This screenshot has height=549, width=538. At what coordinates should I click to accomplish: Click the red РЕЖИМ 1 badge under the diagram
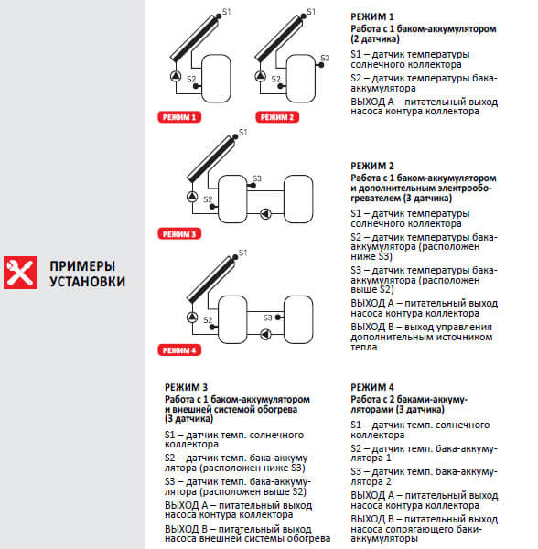tap(180, 117)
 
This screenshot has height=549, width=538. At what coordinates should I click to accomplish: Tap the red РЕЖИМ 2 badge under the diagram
tap(276, 117)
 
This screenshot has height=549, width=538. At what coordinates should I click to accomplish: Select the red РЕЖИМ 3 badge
tap(180, 233)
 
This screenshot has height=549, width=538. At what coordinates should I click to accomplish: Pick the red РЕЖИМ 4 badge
tap(180, 350)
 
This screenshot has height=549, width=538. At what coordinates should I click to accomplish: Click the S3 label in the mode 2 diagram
tap(326, 58)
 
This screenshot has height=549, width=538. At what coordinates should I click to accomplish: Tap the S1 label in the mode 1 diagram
tap(227, 11)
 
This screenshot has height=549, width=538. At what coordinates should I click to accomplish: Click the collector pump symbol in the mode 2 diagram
tap(272, 79)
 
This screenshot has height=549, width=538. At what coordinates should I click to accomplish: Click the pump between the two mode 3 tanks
tap(265, 214)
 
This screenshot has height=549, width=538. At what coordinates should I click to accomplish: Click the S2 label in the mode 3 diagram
tap(208, 199)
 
